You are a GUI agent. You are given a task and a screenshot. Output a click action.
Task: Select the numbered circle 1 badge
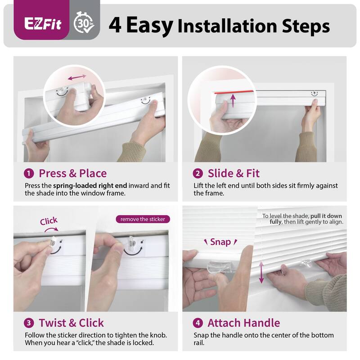[29, 174]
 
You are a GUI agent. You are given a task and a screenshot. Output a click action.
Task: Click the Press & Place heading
[72, 174]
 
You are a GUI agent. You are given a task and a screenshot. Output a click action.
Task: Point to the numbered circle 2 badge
[198, 174]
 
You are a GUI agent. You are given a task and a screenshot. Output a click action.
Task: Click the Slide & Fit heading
[233, 174]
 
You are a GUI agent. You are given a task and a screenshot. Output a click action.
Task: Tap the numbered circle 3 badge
[29, 323]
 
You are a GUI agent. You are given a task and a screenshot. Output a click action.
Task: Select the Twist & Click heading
[71, 323]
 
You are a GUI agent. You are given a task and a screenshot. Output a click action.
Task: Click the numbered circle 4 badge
[198, 323]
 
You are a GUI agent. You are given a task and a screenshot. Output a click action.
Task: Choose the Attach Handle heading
[243, 323]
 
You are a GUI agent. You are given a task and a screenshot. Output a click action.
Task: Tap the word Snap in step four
[220, 242]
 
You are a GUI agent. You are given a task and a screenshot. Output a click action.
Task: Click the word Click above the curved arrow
[49, 221]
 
